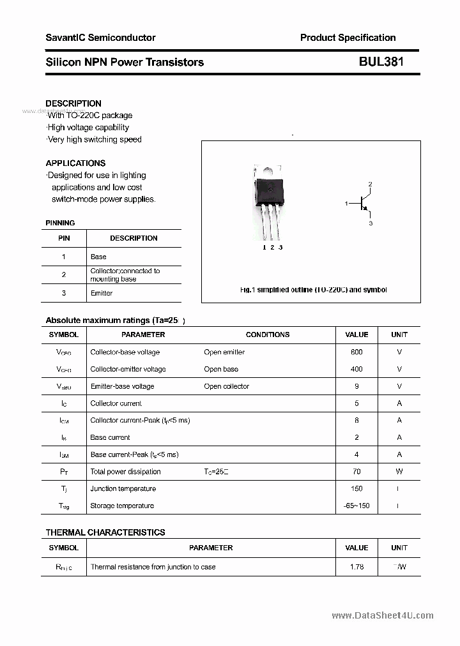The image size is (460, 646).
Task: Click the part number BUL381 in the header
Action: [381, 62]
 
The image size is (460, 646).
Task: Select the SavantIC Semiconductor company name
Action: [100, 38]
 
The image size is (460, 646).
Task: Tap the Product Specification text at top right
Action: [348, 38]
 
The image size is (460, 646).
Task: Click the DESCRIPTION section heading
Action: [73, 103]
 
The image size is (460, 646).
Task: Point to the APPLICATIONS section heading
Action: [75, 163]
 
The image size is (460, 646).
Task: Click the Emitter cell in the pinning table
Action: [102, 293]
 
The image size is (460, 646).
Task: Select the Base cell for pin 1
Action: [98, 257]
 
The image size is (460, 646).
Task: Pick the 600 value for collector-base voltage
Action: [356, 352]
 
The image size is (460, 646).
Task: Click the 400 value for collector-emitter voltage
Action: [356, 369]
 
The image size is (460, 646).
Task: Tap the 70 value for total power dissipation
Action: [356, 472]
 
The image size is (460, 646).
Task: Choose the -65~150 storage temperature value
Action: [356, 506]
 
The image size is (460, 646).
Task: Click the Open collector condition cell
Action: [226, 386]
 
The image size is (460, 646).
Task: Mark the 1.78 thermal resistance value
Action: [356, 567]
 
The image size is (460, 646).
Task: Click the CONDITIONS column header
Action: [268, 334]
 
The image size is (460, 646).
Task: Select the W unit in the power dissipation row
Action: [399, 472]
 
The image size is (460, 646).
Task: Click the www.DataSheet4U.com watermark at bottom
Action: [383, 616]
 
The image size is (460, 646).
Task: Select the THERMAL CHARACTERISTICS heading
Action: [105, 532]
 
